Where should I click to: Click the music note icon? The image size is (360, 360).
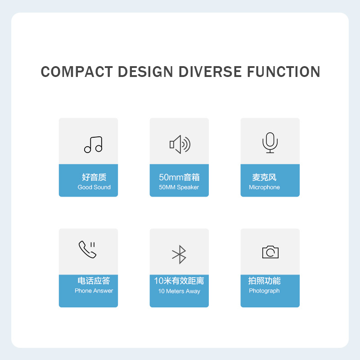click(x=93, y=144)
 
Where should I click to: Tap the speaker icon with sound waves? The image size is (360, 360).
click(x=180, y=144)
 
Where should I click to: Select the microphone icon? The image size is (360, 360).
click(x=270, y=143)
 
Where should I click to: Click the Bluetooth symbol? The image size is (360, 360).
click(x=180, y=255)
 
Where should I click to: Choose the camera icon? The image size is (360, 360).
click(x=270, y=252)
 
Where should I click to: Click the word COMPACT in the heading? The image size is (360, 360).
click(x=76, y=72)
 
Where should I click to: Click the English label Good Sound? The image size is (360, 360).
click(x=94, y=187)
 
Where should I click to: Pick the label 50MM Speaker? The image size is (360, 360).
click(x=179, y=187)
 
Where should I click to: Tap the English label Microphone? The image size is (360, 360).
click(x=264, y=187)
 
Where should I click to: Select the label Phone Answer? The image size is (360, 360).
click(x=94, y=291)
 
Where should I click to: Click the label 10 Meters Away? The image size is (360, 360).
click(x=179, y=291)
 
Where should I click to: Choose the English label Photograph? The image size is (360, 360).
click(x=264, y=291)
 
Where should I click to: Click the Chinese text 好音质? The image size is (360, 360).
click(x=94, y=177)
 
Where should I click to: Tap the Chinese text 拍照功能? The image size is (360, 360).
click(x=264, y=281)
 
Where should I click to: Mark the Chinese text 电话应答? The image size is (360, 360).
click(x=94, y=281)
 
